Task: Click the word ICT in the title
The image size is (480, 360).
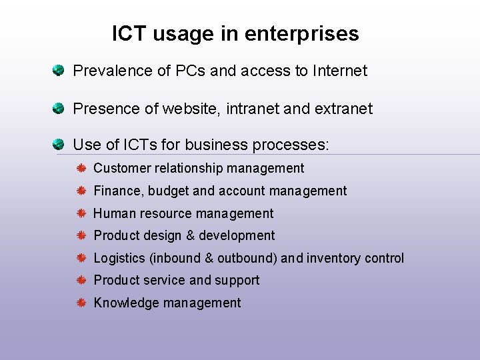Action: pyautogui.click(x=128, y=33)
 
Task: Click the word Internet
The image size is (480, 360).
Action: pyautogui.click(x=340, y=70)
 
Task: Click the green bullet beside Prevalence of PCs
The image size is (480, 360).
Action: pyautogui.click(x=59, y=69)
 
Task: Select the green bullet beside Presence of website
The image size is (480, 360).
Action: pyautogui.click(x=59, y=107)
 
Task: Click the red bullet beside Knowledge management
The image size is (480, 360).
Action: pyautogui.click(x=81, y=303)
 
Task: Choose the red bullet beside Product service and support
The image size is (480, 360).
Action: pyautogui.click(x=81, y=280)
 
